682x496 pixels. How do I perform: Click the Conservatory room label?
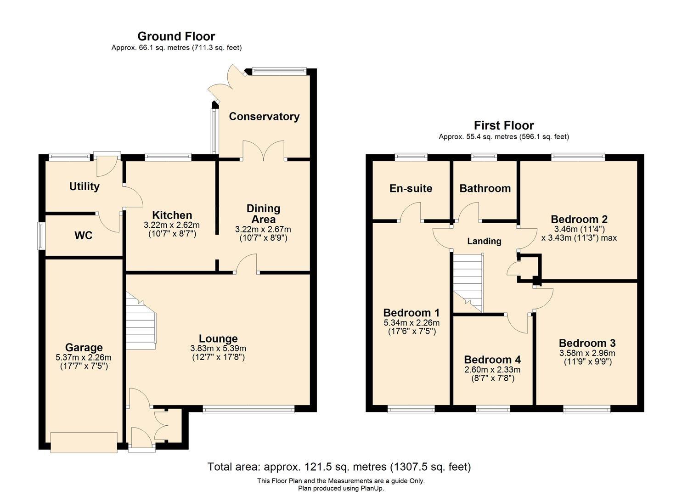click(x=264, y=117)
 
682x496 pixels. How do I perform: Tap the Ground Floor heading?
click(x=176, y=36)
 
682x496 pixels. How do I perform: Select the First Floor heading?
click(x=504, y=125)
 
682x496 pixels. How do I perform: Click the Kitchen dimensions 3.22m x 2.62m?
click(x=172, y=225)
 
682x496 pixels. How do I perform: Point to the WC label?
click(x=84, y=236)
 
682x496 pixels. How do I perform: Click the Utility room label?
click(x=85, y=186)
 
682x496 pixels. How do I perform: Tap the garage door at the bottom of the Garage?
click(x=84, y=442)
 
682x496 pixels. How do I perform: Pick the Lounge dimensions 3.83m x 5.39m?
click(x=218, y=349)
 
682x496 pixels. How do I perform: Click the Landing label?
click(x=484, y=241)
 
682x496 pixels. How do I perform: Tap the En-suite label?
click(x=411, y=188)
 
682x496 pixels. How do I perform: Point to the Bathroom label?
click(x=485, y=188)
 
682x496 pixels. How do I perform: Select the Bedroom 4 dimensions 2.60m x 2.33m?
click(x=493, y=370)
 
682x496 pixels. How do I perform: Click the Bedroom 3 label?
click(x=587, y=343)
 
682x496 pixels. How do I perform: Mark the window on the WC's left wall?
click(x=41, y=236)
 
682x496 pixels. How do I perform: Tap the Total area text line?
click(x=339, y=467)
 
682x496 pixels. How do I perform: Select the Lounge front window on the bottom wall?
click(x=248, y=409)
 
